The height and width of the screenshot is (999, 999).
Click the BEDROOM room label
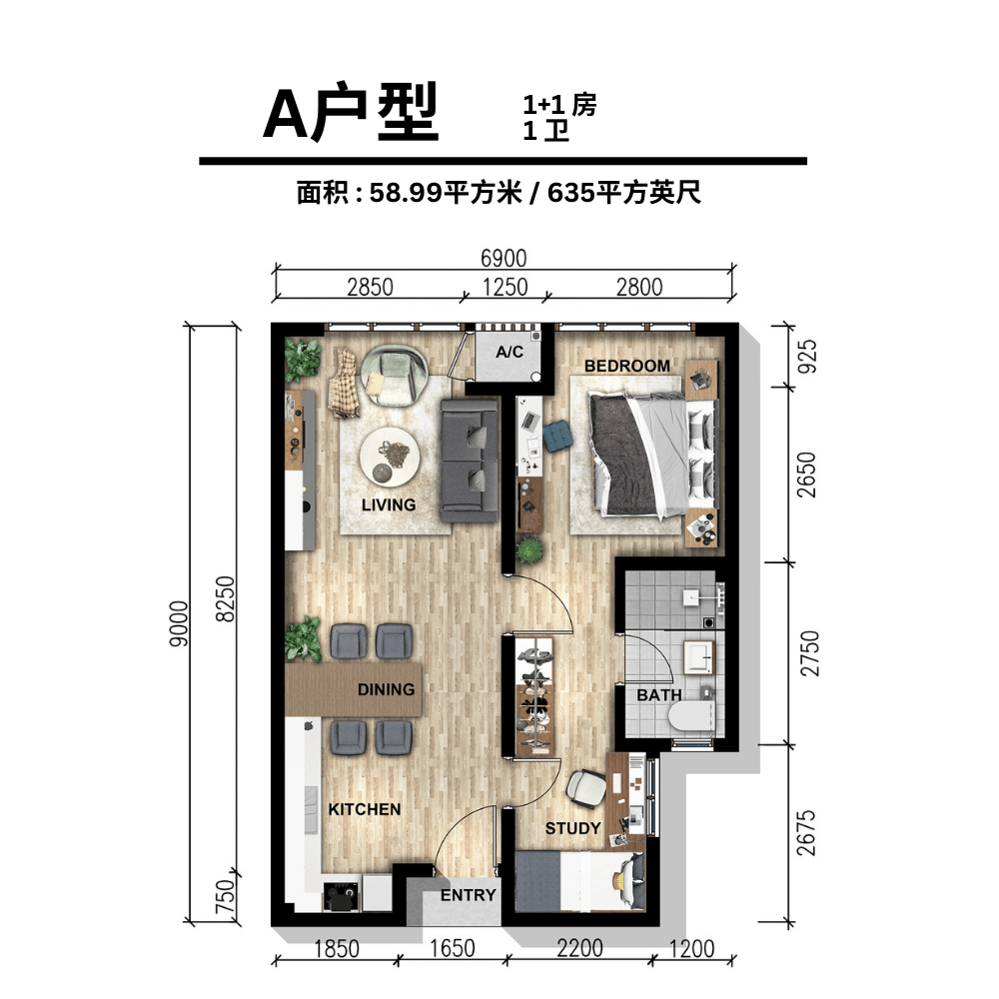(627, 366)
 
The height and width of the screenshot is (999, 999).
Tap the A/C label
(509, 352)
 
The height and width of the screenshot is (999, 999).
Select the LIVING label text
(388, 504)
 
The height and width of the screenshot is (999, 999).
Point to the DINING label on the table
(386, 689)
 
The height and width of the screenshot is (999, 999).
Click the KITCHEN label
(365, 809)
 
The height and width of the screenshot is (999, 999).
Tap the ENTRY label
(468, 895)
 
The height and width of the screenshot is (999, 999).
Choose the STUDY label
(572, 828)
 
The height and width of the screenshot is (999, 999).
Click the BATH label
(658, 695)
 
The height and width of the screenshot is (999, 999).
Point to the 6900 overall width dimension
(503, 258)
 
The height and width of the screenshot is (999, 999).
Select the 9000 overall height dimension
(179, 623)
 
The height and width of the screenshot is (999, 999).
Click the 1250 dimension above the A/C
(504, 288)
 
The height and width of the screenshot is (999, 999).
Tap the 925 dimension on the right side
(806, 357)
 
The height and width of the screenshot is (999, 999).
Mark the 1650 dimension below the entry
(452, 949)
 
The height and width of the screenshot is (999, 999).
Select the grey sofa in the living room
(470, 462)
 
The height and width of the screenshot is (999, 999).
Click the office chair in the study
(585, 789)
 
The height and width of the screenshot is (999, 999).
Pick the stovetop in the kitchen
(341, 896)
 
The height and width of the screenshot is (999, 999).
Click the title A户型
(351, 112)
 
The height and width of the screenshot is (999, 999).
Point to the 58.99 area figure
(406, 193)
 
